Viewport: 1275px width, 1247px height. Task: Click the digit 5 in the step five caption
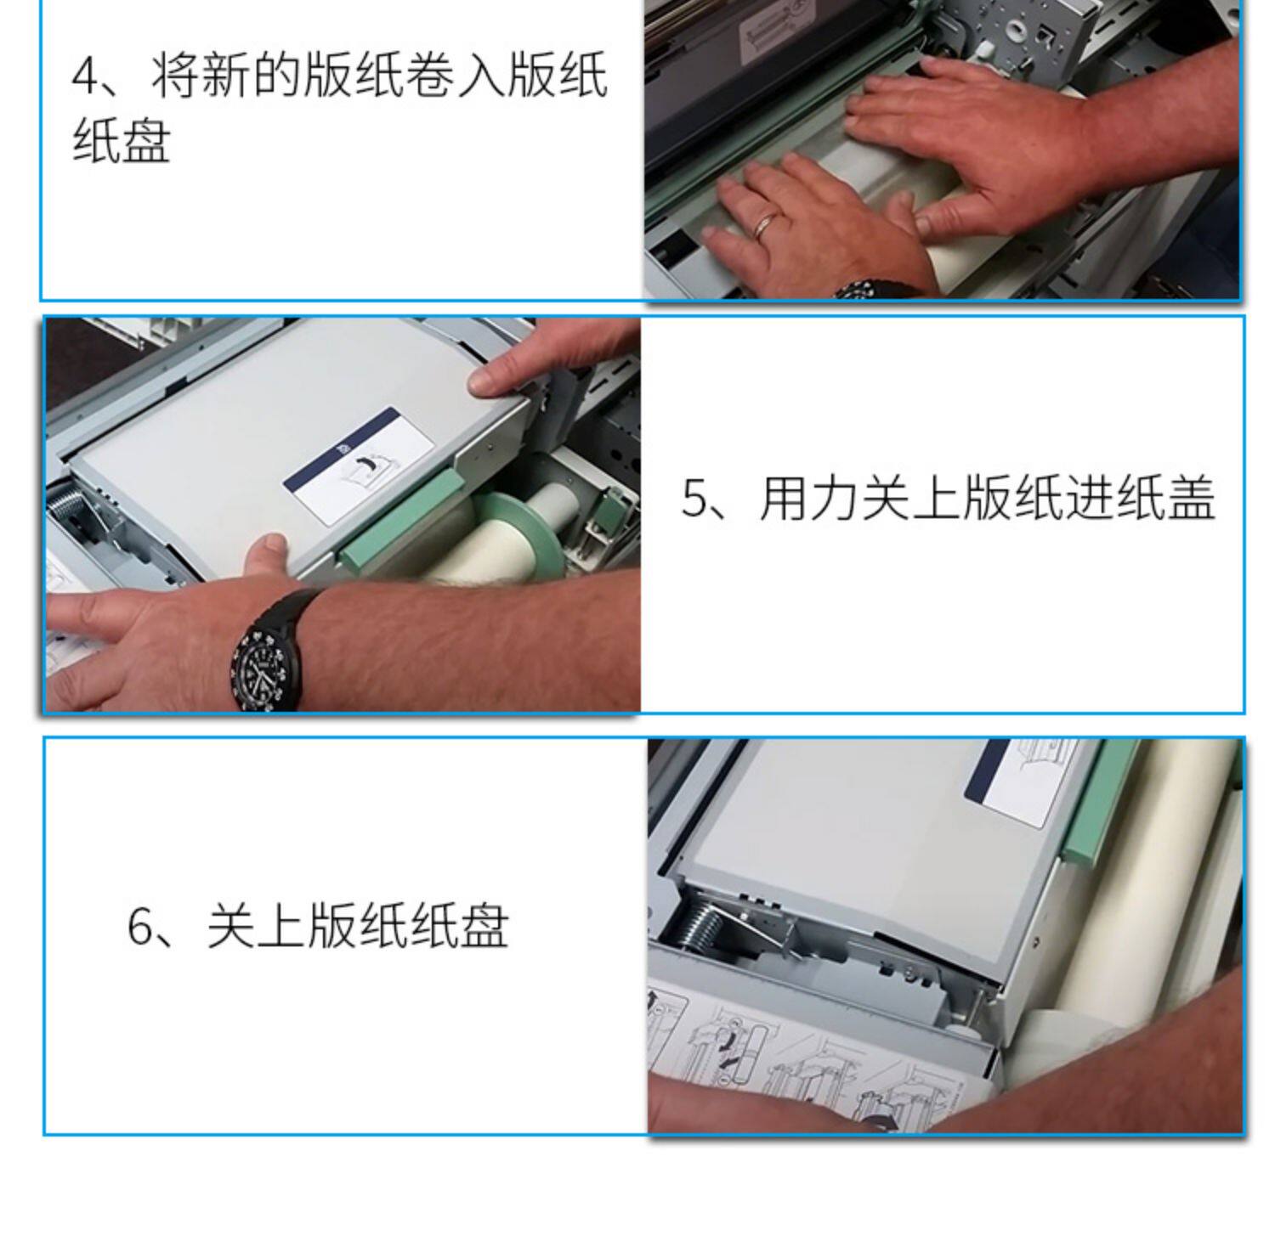694,499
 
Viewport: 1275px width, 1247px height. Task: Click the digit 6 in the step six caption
140,927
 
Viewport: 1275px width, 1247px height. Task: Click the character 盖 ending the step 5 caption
1190,499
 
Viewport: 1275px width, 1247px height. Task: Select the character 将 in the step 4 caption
176,76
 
